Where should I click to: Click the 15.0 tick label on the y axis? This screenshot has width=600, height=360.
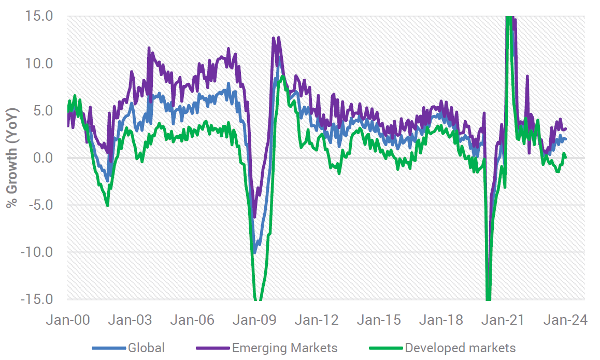(x=38, y=16)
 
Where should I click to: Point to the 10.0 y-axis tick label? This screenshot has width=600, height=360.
(x=38, y=63)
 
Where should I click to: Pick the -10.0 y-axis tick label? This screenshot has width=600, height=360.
(x=36, y=252)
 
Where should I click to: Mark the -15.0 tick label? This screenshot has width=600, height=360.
(x=36, y=299)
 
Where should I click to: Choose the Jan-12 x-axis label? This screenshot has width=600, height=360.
(x=319, y=320)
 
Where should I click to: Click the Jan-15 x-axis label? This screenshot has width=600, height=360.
(x=381, y=320)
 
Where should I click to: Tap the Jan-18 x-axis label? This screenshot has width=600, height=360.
(x=443, y=320)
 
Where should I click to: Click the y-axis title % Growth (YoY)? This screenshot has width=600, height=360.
(x=12, y=157)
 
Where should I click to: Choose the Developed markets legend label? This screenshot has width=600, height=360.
(x=461, y=348)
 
